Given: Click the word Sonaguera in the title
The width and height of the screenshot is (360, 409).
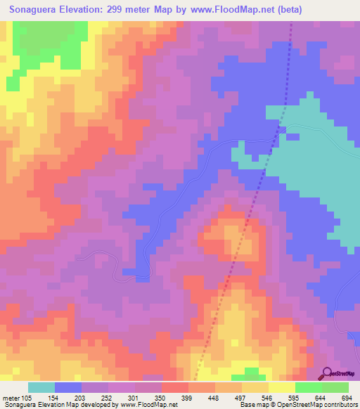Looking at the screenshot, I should [34, 10].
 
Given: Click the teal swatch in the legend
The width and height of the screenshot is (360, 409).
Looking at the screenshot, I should [41, 387].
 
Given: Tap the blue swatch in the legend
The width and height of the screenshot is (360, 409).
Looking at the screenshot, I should [68, 387].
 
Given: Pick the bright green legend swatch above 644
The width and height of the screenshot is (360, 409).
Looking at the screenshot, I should [309, 387].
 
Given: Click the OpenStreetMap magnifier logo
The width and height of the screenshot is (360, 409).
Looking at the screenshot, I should [328, 372].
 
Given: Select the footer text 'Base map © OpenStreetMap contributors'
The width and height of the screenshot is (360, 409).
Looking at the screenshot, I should [297, 405].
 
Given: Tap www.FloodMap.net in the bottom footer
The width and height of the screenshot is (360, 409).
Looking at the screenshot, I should [147, 405].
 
